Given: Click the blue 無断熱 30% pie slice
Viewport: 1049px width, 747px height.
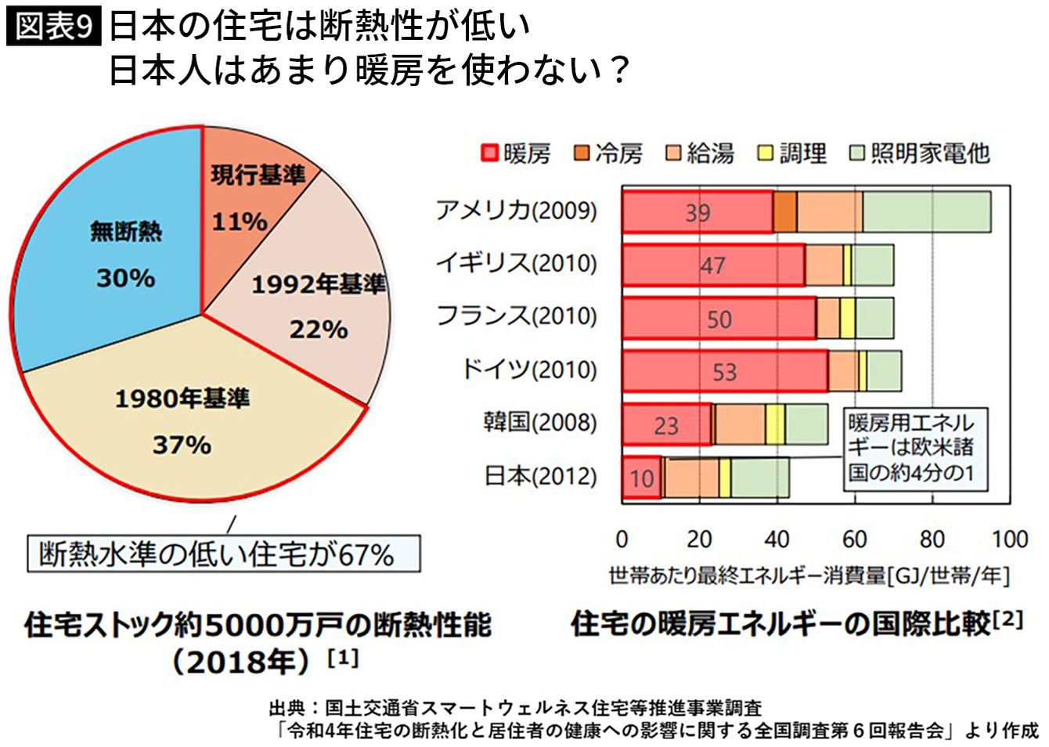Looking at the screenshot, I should tap(110, 251).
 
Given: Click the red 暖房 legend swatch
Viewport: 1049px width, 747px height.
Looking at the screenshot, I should tap(490, 153).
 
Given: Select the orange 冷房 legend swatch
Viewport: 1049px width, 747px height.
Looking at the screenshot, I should tap(582, 153).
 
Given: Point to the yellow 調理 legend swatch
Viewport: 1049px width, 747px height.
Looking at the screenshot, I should tap(765, 153).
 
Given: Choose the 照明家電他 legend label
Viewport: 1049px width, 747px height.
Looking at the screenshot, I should tap(930, 153).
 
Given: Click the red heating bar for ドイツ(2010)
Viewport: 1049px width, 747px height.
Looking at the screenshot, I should tap(724, 371).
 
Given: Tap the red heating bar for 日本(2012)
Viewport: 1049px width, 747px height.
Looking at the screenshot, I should tap(642, 478).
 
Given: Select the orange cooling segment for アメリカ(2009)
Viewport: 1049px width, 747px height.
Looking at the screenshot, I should tap(785, 211).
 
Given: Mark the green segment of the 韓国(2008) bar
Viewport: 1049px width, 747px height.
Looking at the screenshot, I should tap(806, 424).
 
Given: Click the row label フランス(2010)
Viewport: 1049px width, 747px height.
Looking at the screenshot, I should tap(516, 316).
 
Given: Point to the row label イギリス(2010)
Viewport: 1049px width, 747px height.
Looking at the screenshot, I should tap(516, 263).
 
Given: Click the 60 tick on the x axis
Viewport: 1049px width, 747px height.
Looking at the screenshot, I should tap(854, 539).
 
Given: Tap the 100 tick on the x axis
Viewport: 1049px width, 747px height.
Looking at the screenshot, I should tap(1009, 539).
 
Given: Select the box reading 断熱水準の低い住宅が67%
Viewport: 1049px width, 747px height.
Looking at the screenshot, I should tap(223, 554).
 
